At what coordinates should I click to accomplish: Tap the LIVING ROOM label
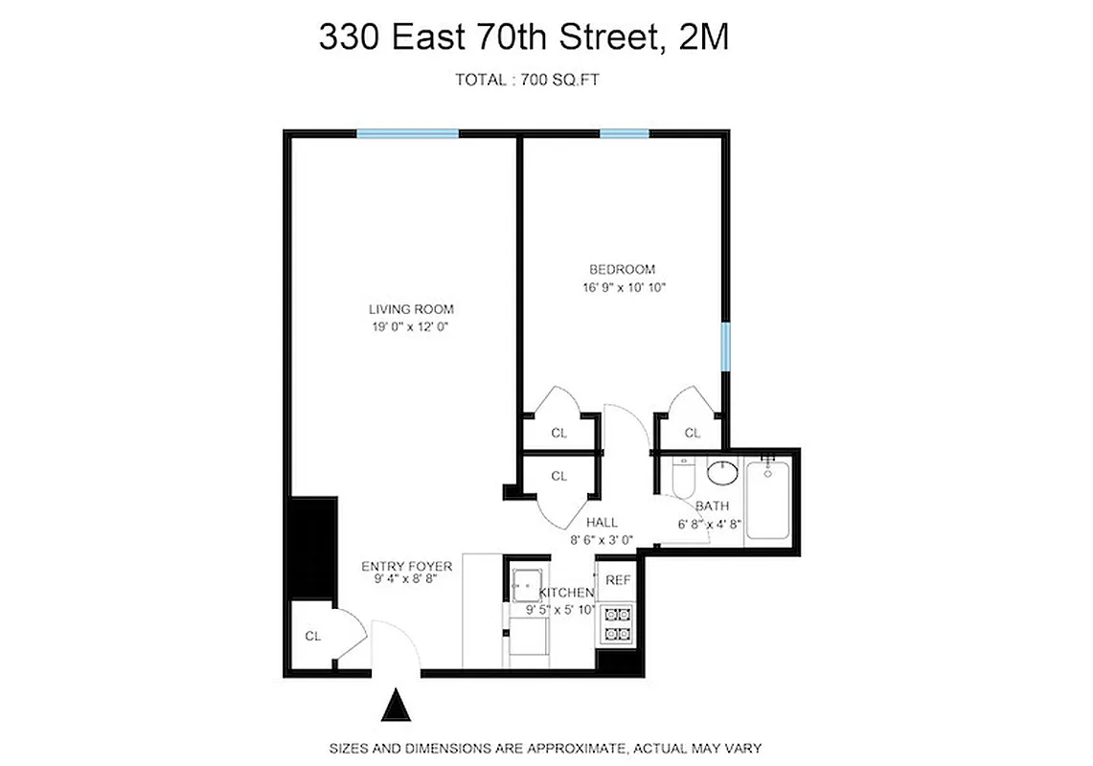point(411,309)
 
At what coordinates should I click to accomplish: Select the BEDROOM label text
point(622,269)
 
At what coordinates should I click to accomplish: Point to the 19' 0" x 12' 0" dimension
point(411,327)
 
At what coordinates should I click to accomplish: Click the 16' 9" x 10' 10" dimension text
point(622,287)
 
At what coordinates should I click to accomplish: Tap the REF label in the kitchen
point(618,580)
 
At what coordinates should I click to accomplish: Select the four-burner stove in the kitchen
point(615,624)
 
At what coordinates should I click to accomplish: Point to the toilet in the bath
point(682,478)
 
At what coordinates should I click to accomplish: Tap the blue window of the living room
point(407,134)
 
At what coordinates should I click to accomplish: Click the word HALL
point(603,523)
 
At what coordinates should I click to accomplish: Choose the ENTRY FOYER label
point(406,567)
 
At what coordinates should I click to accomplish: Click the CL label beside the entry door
point(312,637)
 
